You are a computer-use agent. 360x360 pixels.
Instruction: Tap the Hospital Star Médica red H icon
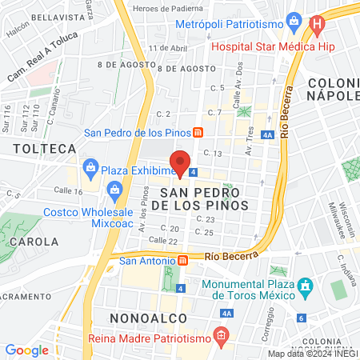pos(318,25)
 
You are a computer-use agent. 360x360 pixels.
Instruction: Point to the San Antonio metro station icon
pos(182,260)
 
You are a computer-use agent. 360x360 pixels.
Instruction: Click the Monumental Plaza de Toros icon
pos(304,286)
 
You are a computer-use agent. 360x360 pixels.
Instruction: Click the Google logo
pos(26,350)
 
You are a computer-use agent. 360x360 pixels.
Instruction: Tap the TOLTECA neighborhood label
pos(45,148)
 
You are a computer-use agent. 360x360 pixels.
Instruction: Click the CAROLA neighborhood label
pos(34,240)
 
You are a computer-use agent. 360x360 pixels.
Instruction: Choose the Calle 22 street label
pos(162,241)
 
